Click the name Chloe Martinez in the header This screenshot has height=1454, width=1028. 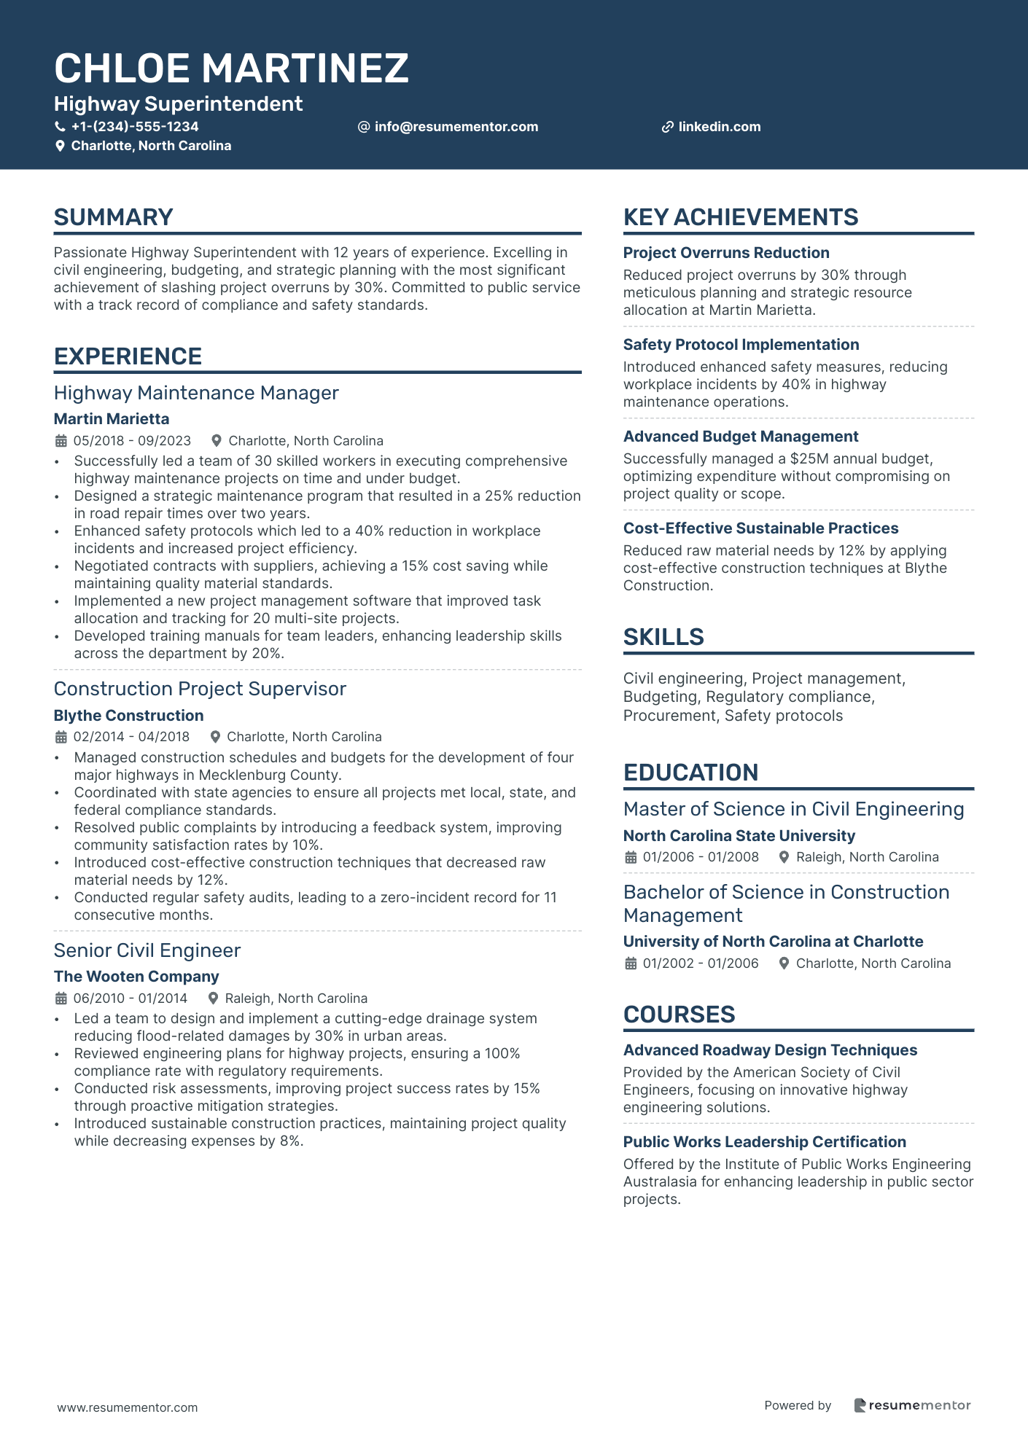pos(231,69)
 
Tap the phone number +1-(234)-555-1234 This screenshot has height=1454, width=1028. pos(134,127)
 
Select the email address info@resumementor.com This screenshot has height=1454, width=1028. pos(456,127)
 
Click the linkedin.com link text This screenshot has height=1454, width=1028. pos(719,127)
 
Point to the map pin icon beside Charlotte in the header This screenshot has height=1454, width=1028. pos(60,146)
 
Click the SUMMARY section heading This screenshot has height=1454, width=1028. pos(113,217)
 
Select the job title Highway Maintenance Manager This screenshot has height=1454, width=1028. pos(196,393)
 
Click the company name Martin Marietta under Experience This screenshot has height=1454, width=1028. pos(112,419)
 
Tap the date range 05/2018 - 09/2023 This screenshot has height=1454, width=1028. pos(132,441)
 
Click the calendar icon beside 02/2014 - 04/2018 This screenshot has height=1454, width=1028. pos(61,737)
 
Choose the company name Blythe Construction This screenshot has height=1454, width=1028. pos(128,716)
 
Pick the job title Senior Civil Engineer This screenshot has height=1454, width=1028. pos(147,950)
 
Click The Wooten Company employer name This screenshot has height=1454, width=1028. pos(136,977)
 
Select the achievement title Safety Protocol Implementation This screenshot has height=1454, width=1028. pos(741,345)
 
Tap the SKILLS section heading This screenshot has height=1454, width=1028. pos(663,637)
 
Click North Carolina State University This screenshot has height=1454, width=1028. pos(739,836)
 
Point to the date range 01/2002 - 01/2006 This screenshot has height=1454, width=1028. pos(700,964)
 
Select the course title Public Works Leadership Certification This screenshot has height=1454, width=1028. pos(764,1142)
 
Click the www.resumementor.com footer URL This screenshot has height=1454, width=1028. pos(128,1407)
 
